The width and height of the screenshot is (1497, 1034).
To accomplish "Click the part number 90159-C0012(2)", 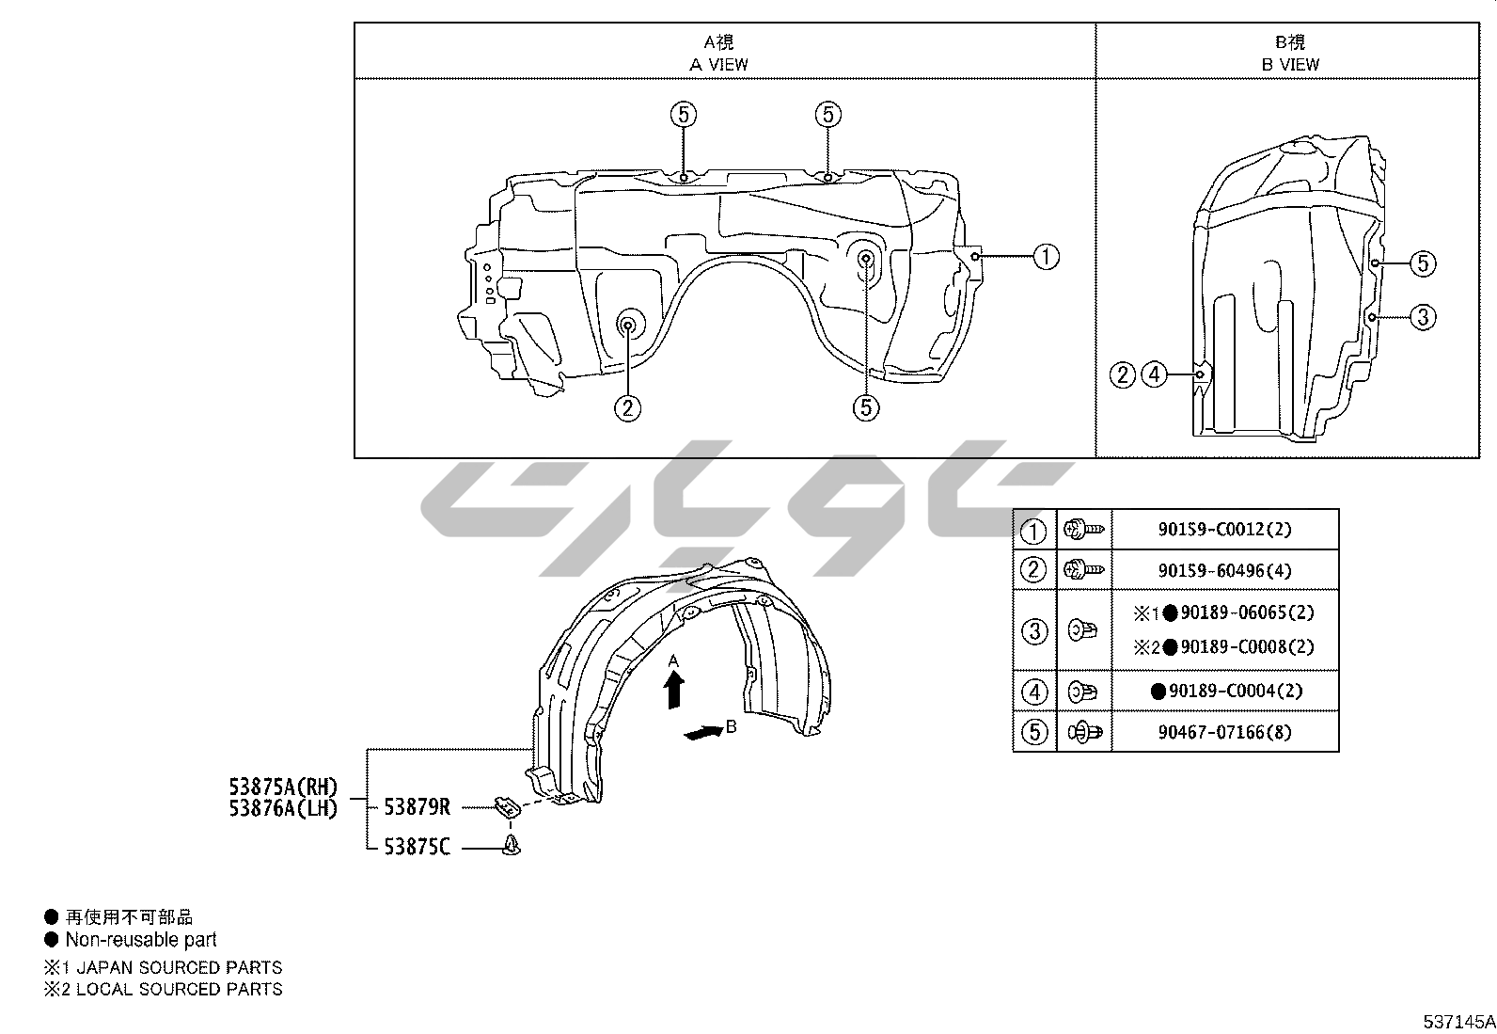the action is (1224, 530).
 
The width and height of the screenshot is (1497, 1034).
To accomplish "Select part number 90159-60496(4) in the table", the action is (1224, 570).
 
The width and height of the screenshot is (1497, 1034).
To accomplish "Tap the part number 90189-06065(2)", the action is (1247, 612).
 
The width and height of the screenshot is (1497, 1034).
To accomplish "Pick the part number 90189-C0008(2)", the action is (1247, 646).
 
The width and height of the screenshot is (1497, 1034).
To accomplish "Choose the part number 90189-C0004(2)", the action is (1236, 691).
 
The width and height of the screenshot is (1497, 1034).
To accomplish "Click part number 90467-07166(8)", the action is (1224, 732).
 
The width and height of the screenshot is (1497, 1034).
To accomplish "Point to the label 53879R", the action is (417, 807).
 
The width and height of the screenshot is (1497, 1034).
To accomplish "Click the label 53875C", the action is (417, 848).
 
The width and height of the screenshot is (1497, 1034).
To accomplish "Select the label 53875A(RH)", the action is (283, 787).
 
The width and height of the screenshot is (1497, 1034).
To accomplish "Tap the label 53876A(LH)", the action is (283, 808).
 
